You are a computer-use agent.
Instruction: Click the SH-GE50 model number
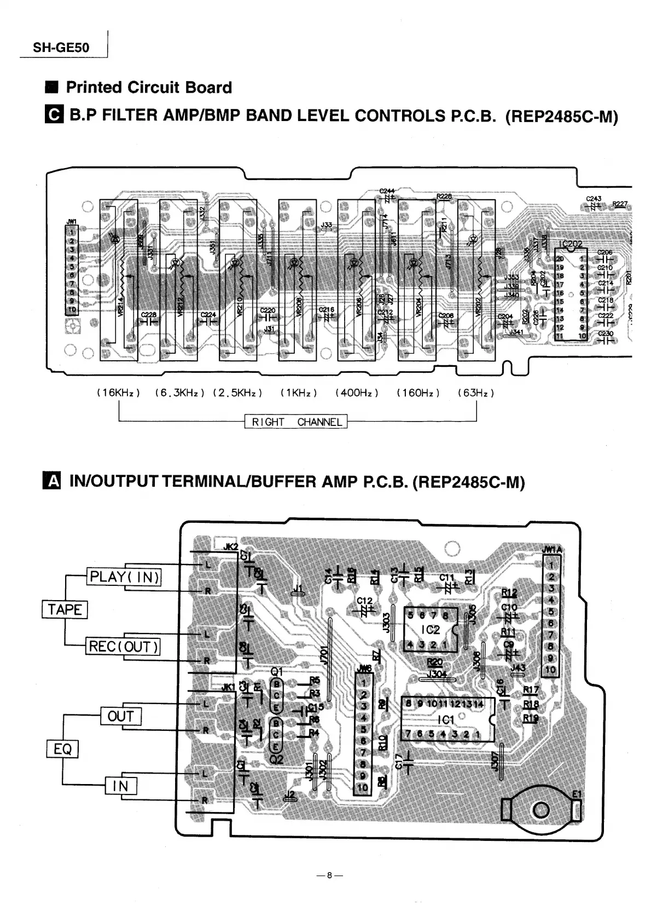(61, 47)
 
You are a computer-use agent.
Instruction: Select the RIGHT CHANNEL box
(296, 422)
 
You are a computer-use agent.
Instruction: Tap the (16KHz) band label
(119, 393)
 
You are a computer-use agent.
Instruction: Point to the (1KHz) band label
(298, 393)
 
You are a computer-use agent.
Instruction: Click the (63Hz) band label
(476, 393)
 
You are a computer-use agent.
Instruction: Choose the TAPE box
(65, 609)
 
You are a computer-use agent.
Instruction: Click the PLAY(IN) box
(125, 577)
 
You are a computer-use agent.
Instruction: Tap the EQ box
(63, 748)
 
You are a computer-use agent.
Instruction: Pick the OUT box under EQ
(121, 716)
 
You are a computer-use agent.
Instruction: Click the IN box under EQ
(120, 786)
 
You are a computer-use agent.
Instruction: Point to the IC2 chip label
(431, 630)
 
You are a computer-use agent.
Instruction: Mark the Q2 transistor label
(277, 760)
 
